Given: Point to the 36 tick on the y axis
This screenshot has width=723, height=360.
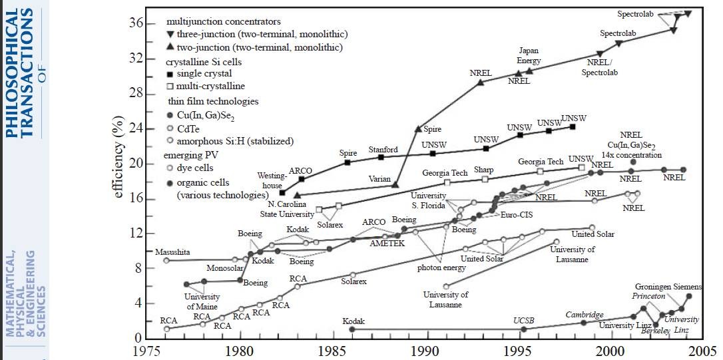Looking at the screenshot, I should [136, 23].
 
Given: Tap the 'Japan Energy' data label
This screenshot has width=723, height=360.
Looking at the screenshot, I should [529, 55].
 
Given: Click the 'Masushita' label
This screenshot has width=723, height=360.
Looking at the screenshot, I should [172, 252].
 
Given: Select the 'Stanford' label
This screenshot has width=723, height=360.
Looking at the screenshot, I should [383, 150].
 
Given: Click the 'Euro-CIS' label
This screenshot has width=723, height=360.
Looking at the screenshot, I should [513, 216].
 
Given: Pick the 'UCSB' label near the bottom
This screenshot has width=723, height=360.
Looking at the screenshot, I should [524, 321].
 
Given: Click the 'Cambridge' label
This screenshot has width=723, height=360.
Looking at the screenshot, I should [585, 315].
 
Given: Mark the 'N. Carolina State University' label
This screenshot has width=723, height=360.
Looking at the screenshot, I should [288, 210].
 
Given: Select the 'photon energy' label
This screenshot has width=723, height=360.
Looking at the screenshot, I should [440, 268].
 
